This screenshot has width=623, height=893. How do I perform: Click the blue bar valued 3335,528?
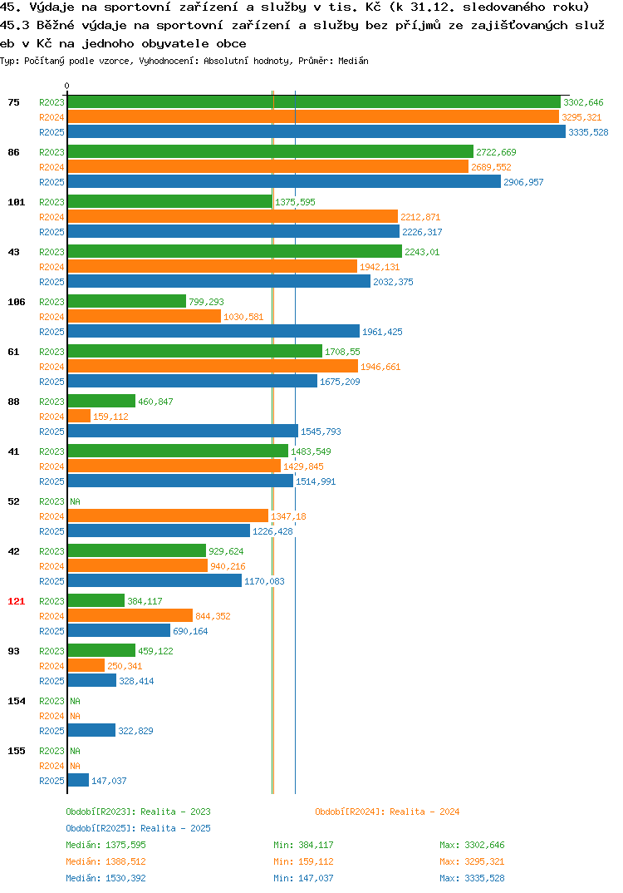click(317, 131)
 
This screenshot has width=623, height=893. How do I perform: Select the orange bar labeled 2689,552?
click(268, 167)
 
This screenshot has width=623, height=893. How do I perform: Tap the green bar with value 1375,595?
click(170, 201)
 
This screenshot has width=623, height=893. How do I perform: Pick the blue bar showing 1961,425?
click(214, 332)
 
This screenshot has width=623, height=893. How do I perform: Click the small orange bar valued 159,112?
click(79, 417)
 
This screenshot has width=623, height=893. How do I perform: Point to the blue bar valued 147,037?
click(79, 780)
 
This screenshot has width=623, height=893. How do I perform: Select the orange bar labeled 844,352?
click(130, 615)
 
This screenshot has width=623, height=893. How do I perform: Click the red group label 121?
click(17, 601)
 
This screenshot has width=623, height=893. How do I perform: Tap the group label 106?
click(17, 301)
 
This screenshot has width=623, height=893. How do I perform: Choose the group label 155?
click(17, 751)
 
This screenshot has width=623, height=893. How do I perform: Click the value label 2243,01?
click(422, 252)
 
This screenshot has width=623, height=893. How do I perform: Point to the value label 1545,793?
click(321, 432)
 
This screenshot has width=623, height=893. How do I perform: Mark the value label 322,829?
click(135, 731)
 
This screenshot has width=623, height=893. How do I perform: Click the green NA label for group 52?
click(75, 501)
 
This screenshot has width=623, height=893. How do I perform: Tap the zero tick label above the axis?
click(67, 86)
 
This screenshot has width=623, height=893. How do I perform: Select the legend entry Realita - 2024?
click(387, 812)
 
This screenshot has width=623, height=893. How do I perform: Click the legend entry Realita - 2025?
click(138, 828)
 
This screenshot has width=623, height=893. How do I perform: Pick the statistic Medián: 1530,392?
click(105, 878)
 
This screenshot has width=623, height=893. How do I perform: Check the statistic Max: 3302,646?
click(472, 845)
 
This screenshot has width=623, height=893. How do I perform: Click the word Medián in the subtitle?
click(353, 61)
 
